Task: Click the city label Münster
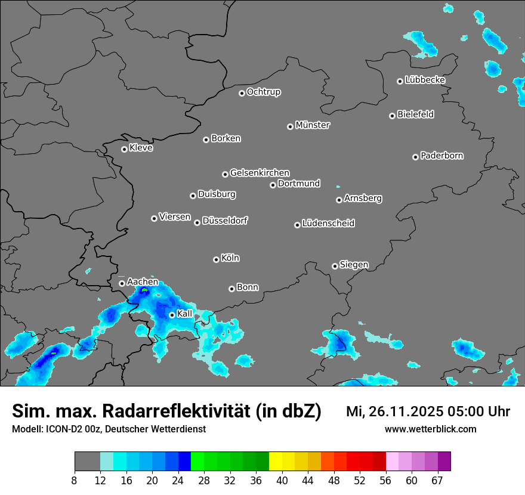pos(313,125)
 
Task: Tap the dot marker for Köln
pos(216,259)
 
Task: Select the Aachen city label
pos(143,281)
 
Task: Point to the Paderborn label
pos(442,156)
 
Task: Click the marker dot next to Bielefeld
pos(392,116)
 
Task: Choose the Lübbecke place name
pos(425,80)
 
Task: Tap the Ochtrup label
pos(264,92)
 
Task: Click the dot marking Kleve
pos(124,149)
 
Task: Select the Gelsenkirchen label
pos(260,173)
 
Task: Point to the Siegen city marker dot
pos(335,266)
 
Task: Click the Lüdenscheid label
pos(328,224)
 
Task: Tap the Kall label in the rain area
pos(185,314)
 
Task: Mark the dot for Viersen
pos(154,218)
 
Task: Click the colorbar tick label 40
pos(282,480)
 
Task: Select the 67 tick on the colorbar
pos(437,480)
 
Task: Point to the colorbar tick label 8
pos(75,480)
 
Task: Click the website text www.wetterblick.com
pos(431,429)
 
